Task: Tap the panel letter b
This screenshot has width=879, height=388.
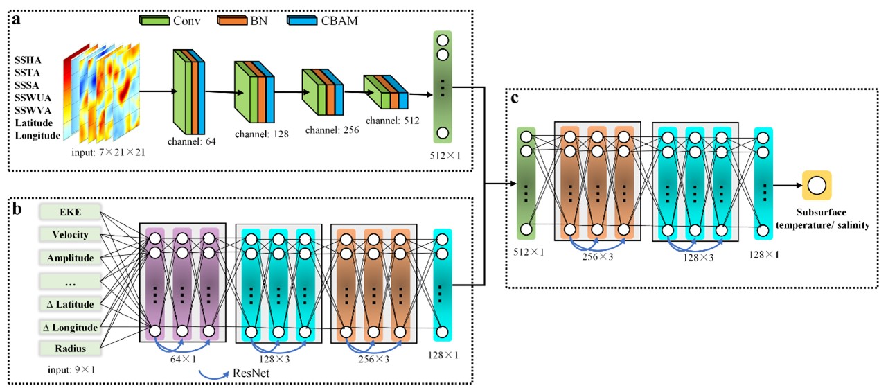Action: click(x=15, y=206)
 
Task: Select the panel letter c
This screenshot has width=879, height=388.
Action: click(x=515, y=98)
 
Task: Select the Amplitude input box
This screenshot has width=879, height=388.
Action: click(x=71, y=258)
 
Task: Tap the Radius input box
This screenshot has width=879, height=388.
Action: click(x=71, y=348)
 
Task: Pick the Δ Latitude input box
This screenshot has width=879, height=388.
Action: click(x=71, y=303)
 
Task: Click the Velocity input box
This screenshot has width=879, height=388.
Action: click(x=71, y=235)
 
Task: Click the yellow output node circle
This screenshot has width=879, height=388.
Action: click(x=816, y=185)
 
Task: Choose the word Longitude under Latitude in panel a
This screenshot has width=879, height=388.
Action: click(x=38, y=135)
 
